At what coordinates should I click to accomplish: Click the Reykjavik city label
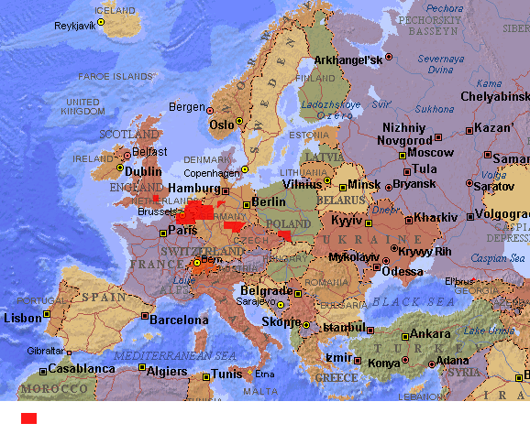74,26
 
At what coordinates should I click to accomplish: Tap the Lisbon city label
22,318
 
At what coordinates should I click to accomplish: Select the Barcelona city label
179,320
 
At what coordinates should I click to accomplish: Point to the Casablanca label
83,369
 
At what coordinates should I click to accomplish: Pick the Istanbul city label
345,327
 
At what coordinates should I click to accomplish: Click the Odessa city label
403,271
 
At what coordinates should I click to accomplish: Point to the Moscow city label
430,153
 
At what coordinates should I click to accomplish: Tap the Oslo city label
222,125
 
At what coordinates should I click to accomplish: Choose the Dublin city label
142,170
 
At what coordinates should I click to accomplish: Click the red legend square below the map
29,418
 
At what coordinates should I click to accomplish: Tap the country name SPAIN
103,297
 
